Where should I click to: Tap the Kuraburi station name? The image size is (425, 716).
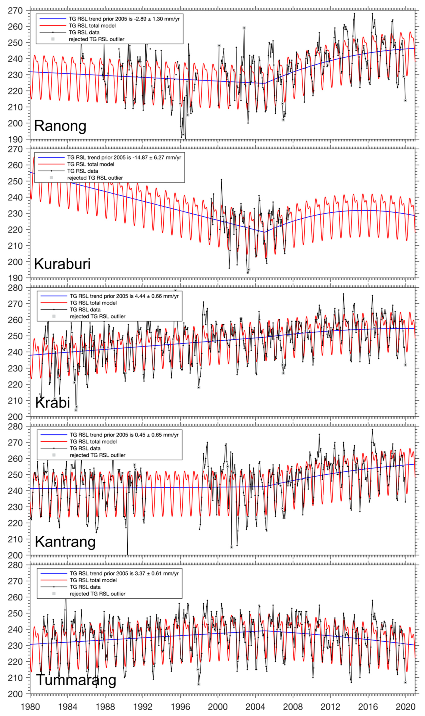tap(62, 264)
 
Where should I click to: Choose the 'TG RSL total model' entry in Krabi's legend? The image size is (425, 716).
tap(93, 303)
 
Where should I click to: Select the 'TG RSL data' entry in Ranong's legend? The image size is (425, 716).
tap(84, 32)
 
